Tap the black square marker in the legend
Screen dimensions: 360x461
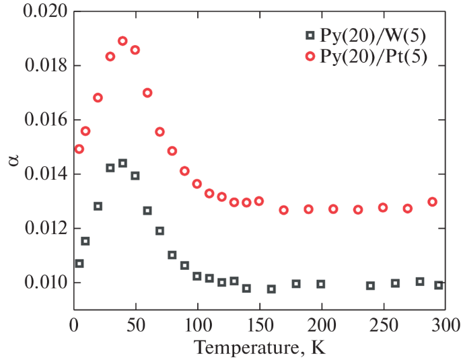[x=310, y=35]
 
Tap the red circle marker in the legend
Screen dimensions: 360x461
[x=310, y=57]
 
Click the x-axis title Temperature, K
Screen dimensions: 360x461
[x=259, y=349]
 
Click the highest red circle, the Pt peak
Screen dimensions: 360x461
[x=122, y=41]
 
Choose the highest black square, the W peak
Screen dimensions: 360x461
[x=122, y=163]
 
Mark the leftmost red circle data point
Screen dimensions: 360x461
[x=79, y=149]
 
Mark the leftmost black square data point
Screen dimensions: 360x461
[x=79, y=264]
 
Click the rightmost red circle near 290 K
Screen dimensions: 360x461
[x=432, y=202]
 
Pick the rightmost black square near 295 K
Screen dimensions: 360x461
[x=438, y=285]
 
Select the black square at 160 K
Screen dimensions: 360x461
[x=271, y=289]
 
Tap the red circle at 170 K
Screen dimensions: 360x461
[x=283, y=210]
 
